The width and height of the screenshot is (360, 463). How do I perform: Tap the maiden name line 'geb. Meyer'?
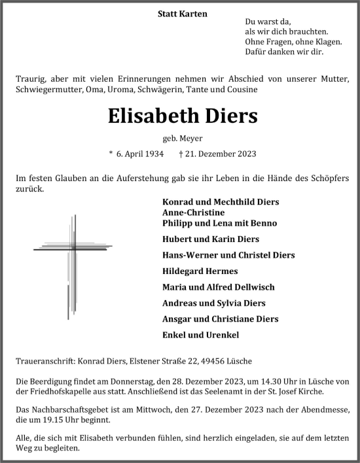click(180, 139)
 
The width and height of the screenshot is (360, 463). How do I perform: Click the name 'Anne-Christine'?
click(193, 213)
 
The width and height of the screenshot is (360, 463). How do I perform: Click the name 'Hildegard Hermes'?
click(196, 271)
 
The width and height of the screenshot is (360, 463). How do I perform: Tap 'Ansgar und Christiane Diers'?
click(215, 319)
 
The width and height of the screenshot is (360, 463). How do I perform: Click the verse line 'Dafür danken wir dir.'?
click(283, 52)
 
